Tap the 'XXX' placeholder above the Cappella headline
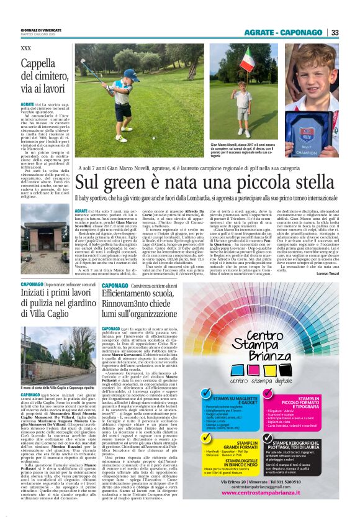pos(25,48)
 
